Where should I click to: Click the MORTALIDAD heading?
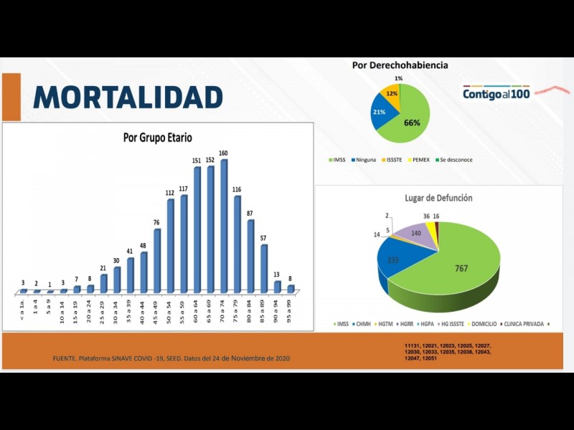point(128,97)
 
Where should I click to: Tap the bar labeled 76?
point(157,261)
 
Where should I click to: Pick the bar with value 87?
point(250,256)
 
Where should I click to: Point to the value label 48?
point(143,246)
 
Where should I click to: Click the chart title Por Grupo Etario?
point(157,137)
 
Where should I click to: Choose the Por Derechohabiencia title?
point(400,65)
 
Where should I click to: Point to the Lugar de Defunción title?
point(438,198)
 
